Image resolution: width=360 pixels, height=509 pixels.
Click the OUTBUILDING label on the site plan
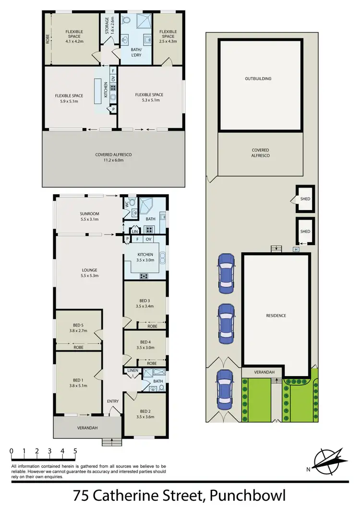click(258, 78)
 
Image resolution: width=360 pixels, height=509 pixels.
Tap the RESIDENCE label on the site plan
click(276, 315)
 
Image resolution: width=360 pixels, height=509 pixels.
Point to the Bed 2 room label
click(144, 414)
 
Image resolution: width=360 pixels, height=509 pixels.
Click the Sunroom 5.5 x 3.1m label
click(89, 216)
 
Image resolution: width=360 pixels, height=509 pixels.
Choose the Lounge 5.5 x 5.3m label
click(90, 273)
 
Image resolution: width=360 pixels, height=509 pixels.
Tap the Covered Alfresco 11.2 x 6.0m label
click(113, 157)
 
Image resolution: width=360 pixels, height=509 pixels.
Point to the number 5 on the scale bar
click(75, 451)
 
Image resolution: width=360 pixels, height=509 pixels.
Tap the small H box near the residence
click(296, 249)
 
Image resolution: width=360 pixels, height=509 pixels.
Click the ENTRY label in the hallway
click(113, 402)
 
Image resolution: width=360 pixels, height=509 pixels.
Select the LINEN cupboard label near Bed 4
click(132, 371)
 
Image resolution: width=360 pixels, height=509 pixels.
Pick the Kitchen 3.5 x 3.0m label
click(144, 257)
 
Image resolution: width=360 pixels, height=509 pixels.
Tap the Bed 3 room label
click(144, 303)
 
